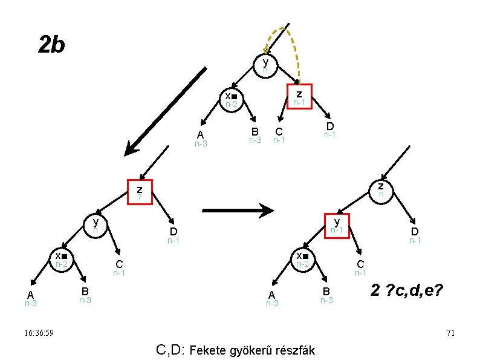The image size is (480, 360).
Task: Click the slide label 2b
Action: coord(51,44)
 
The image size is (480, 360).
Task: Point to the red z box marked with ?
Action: coord(139,192)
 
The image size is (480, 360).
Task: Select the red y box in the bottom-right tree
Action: coord(337,226)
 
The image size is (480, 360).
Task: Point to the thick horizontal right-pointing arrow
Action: coord(238,211)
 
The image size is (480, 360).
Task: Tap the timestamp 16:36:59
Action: coord(36,333)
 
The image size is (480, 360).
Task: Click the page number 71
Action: coord(449,333)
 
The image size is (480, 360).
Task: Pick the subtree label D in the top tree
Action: coord(329,126)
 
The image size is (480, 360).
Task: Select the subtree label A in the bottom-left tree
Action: coord(30,295)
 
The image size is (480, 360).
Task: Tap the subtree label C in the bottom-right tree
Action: coord(360,264)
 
